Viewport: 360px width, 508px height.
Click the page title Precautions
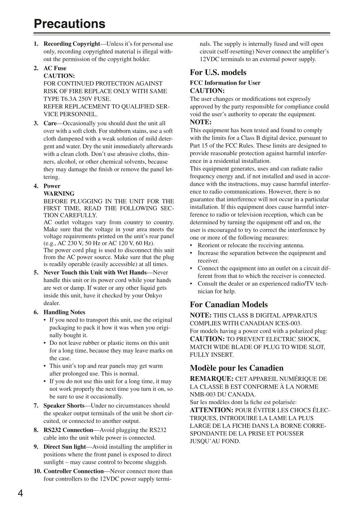(69, 24)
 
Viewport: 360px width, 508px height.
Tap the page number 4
(20, 494)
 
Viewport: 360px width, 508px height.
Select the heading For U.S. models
(218, 73)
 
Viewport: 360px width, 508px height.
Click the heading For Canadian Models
(229, 305)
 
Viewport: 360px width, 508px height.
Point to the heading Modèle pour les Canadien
(236, 368)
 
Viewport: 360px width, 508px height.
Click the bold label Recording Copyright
(72, 44)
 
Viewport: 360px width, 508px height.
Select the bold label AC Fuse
(55, 68)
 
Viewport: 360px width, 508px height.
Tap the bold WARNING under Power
(59, 194)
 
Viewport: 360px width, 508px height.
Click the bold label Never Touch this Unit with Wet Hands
(95, 273)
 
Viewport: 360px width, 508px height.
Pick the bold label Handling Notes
(64, 312)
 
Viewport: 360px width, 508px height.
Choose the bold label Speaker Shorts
(64, 406)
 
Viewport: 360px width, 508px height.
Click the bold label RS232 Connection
(68, 430)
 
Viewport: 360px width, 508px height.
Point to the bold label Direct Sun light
(65, 447)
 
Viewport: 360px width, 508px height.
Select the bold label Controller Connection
(74, 471)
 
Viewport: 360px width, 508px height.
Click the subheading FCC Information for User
(225, 83)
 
